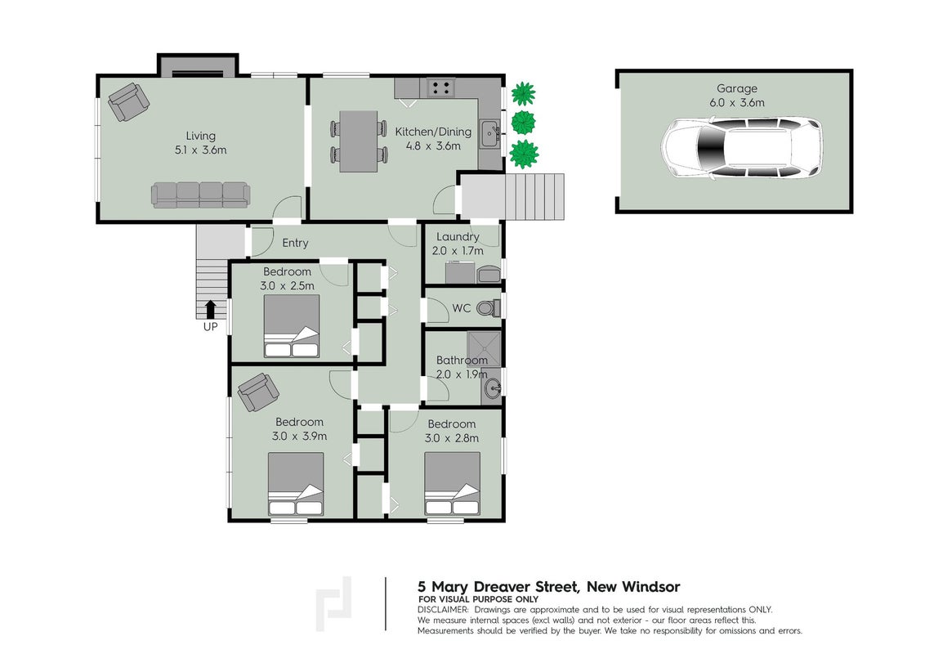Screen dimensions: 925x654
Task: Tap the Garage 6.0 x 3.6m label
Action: coord(737,95)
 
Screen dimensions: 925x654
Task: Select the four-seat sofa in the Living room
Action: coord(200,195)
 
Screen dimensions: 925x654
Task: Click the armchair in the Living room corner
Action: coord(128,101)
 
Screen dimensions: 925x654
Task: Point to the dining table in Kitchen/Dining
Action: coord(359,141)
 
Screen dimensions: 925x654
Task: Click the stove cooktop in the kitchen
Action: coord(440,88)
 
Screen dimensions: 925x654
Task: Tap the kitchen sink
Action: coord(489,133)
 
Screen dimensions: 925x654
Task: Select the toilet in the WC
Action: coord(489,307)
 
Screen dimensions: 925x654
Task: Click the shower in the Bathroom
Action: coord(484,349)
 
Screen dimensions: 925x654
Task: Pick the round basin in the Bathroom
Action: coord(492,388)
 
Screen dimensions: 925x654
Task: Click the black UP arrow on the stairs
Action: coord(210,309)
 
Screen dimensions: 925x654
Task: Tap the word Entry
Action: coord(295,243)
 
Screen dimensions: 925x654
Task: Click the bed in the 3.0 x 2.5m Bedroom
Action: coord(292,326)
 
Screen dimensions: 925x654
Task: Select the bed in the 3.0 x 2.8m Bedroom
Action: coord(452,483)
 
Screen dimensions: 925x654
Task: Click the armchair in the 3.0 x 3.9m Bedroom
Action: coord(258,392)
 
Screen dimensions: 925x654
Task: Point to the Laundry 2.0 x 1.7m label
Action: coord(458,243)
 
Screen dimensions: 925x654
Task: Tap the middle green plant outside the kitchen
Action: coord(523,123)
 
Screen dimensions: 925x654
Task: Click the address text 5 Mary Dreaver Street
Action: coord(498,587)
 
